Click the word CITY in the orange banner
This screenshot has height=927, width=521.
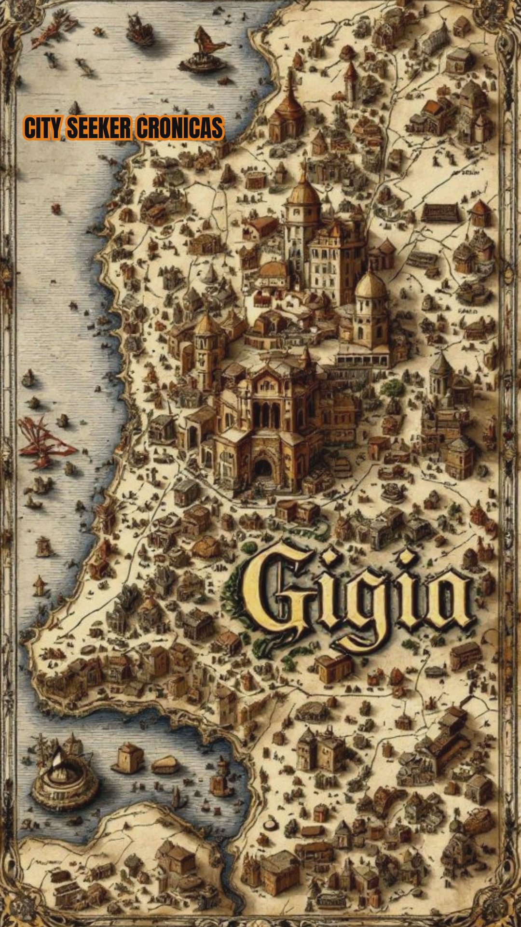click(42, 128)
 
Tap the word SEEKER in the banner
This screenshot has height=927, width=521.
click(98, 128)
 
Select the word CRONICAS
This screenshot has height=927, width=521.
click(179, 128)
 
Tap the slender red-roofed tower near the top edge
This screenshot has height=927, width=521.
click(351, 80)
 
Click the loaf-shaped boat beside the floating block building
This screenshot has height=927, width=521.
click(165, 764)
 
